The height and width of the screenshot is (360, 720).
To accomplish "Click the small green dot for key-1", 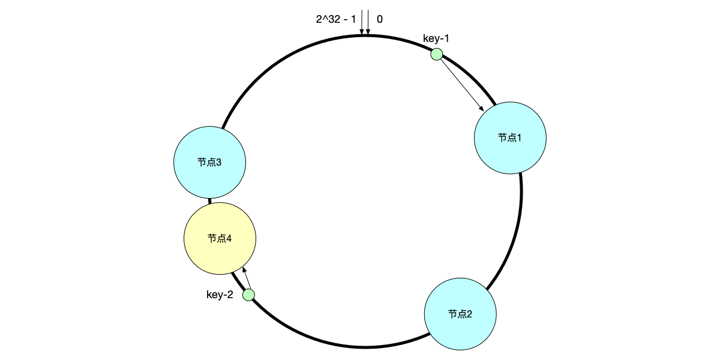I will click(437, 55).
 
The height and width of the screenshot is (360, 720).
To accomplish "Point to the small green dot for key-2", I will click(248, 295).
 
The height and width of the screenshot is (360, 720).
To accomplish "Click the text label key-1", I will click(436, 39).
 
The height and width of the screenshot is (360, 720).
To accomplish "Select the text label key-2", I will click(220, 295).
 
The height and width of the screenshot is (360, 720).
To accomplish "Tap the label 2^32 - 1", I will click(336, 19).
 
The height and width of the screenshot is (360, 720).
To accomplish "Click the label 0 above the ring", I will click(380, 19).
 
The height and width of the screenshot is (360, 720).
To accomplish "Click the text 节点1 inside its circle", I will click(510, 137).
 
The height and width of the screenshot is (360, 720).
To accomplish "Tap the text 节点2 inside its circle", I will click(460, 314).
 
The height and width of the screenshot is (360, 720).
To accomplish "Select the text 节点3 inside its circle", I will click(209, 163).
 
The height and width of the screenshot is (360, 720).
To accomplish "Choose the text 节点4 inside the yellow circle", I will click(220, 239).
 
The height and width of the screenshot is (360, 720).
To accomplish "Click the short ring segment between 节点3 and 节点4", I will click(210, 200).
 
